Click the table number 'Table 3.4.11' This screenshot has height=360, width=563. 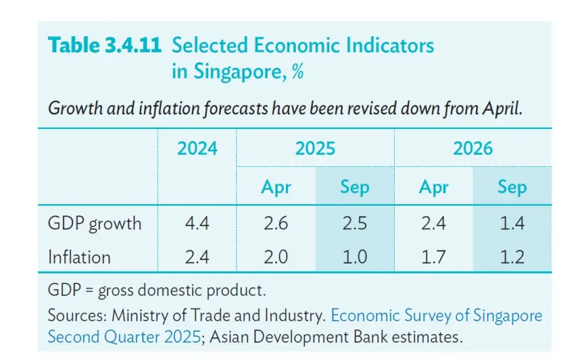click(x=105, y=45)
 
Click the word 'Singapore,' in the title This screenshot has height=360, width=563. click(x=240, y=71)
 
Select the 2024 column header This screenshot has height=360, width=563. click(x=197, y=149)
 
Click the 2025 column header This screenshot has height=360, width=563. click(x=316, y=149)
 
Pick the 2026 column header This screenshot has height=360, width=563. click(x=473, y=149)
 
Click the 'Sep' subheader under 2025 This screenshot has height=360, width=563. click(x=355, y=187)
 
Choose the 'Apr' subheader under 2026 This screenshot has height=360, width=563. click(x=434, y=187)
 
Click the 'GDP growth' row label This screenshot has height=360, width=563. click(x=95, y=224)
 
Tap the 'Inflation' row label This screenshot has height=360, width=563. click(x=79, y=257)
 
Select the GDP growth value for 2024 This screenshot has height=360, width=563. click(x=197, y=223)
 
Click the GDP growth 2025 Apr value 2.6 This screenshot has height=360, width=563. click(x=276, y=223)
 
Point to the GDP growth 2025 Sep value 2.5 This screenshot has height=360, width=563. click(x=355, y=223)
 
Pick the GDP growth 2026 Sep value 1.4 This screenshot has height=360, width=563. click(x=513, y=223)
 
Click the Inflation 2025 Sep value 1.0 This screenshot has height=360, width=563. click(x=355, y=257)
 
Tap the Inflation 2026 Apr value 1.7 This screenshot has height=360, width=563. click(x=434, y=257)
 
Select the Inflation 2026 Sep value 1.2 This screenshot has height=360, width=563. click(x=513, y=257)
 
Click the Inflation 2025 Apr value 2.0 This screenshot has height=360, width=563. click(x=276, y=257)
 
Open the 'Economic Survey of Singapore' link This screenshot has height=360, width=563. click(x=437, y=315)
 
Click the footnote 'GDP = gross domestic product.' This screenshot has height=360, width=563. click(x=157, y=290)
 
